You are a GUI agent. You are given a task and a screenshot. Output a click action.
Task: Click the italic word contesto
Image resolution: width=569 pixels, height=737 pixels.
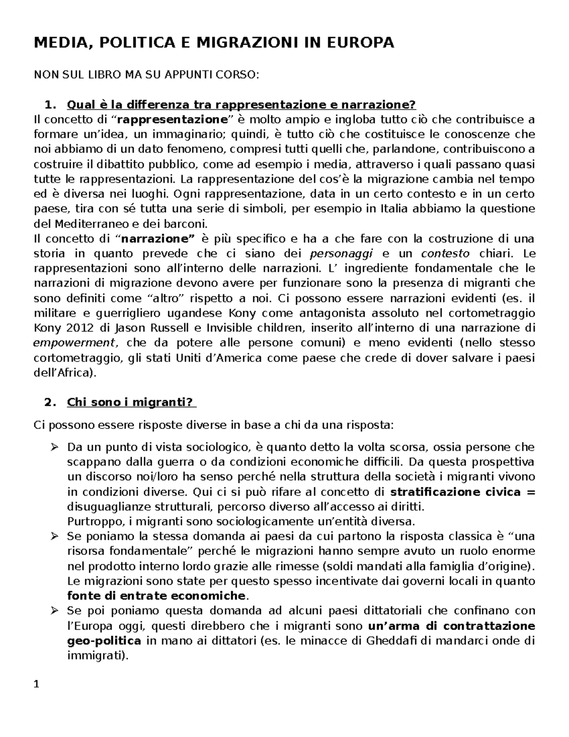[x=445, y=253]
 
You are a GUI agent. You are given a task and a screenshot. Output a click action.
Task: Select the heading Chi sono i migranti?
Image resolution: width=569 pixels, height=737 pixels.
[x=131, y=402]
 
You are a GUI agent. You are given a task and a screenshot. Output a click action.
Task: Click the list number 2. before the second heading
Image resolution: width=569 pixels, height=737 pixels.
[x=49, y=402]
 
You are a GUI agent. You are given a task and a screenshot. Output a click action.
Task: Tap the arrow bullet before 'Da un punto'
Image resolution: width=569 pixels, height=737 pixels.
[x=54, y=447]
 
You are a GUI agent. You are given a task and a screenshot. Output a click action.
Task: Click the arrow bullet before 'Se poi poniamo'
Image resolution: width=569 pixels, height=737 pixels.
[x=54, y=610]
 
